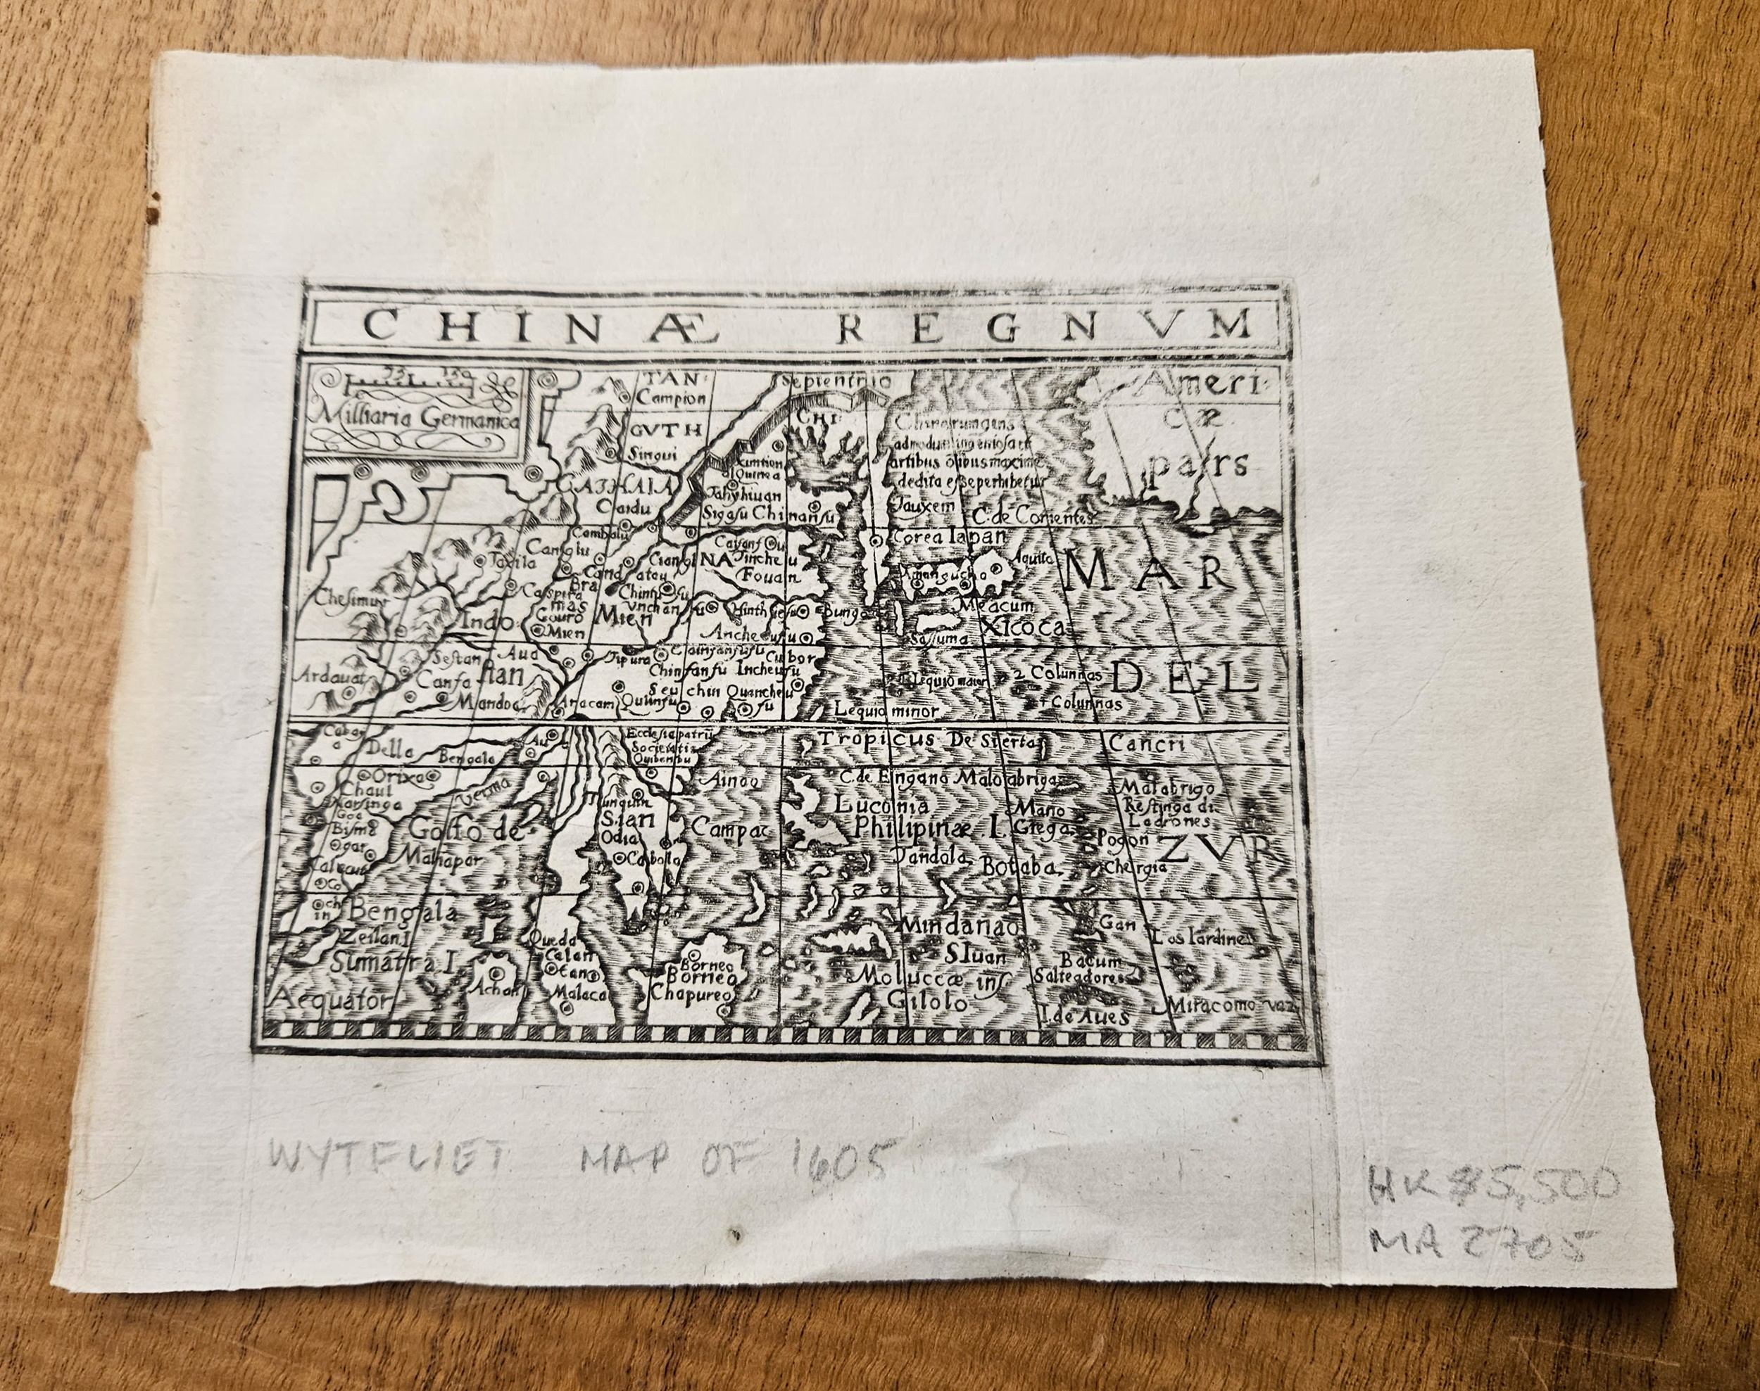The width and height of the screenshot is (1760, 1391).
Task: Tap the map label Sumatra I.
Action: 391,963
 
